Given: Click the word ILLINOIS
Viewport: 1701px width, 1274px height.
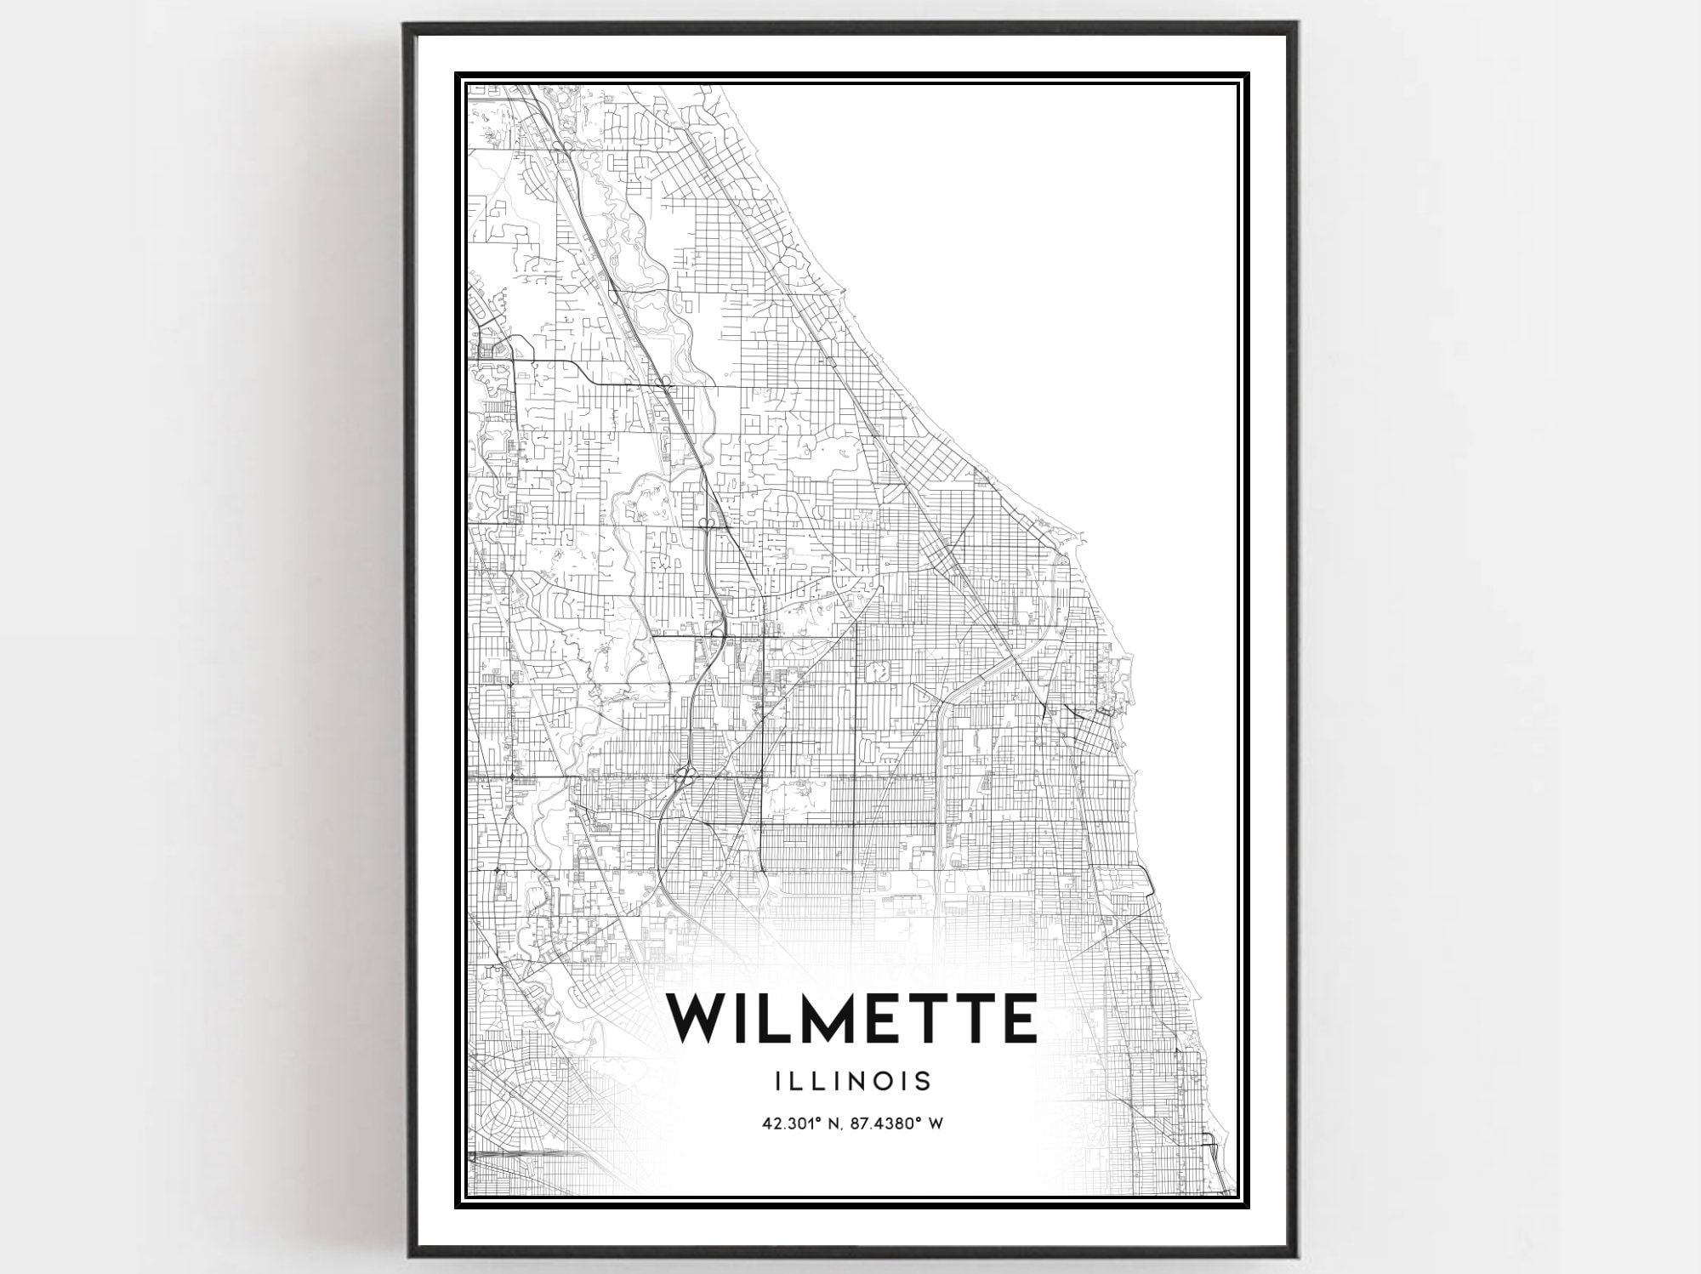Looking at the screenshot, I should [x=852, y=1082].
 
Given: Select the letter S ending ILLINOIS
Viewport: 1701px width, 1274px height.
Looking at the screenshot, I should [x=924, y=1082].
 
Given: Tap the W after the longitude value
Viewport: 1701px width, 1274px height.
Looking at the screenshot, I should [x=936, y=1123].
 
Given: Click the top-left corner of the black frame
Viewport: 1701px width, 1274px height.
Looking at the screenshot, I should [x=406, y=26].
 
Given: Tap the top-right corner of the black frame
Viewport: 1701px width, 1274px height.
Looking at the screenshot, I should [x=1295, y=26].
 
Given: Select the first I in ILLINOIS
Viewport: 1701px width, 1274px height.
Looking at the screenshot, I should [x=778, y=1082].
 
